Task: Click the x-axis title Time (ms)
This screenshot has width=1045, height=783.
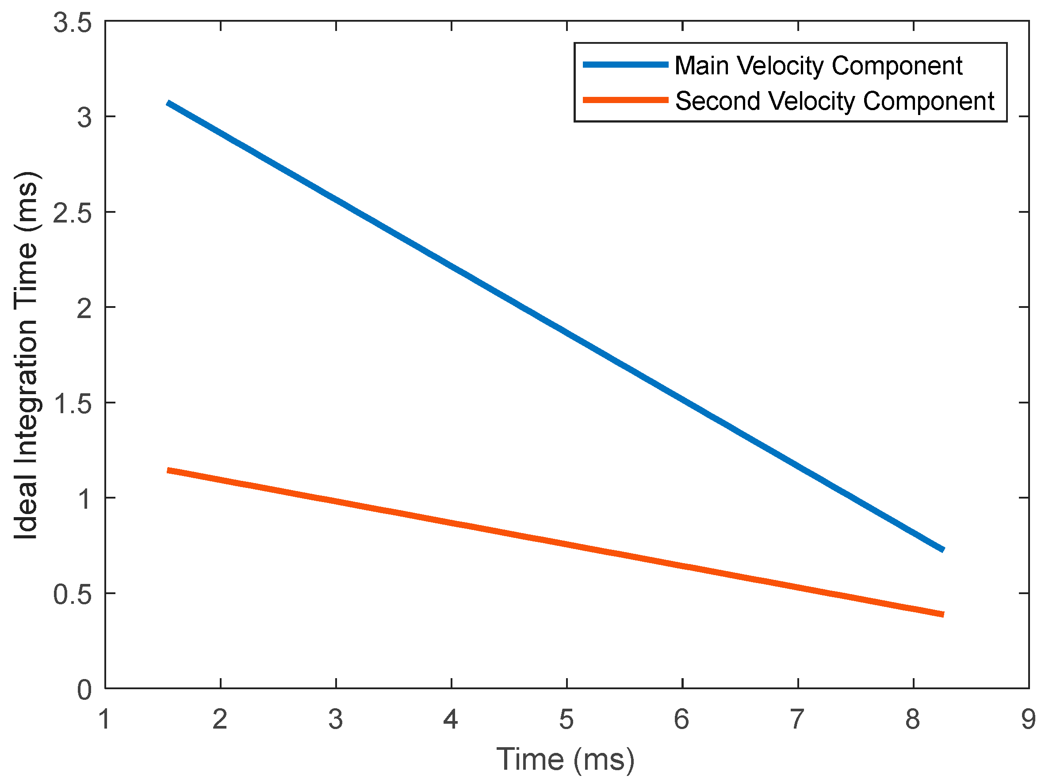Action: (x=566, y=760)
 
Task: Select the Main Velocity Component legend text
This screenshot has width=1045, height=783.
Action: (x=818, y=65)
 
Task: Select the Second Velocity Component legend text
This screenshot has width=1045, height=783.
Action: (x=834, y=101)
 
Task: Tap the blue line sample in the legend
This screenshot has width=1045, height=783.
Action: (x=625, y=65)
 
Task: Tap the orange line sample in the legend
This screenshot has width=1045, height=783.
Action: (x=625, y=100)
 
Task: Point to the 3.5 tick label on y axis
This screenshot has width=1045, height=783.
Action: (x=72, y=23)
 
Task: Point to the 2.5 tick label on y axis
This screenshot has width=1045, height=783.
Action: (x=72, y=213)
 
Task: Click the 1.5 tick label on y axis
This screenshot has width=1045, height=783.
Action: (x=72, y=404)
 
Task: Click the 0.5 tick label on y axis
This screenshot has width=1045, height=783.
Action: (x=72, y=595)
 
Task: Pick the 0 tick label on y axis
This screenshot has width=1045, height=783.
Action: (x=84, y=690)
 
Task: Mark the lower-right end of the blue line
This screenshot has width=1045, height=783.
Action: (x=942, y=549)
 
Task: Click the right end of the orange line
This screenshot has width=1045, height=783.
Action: (x=942, y=614)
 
